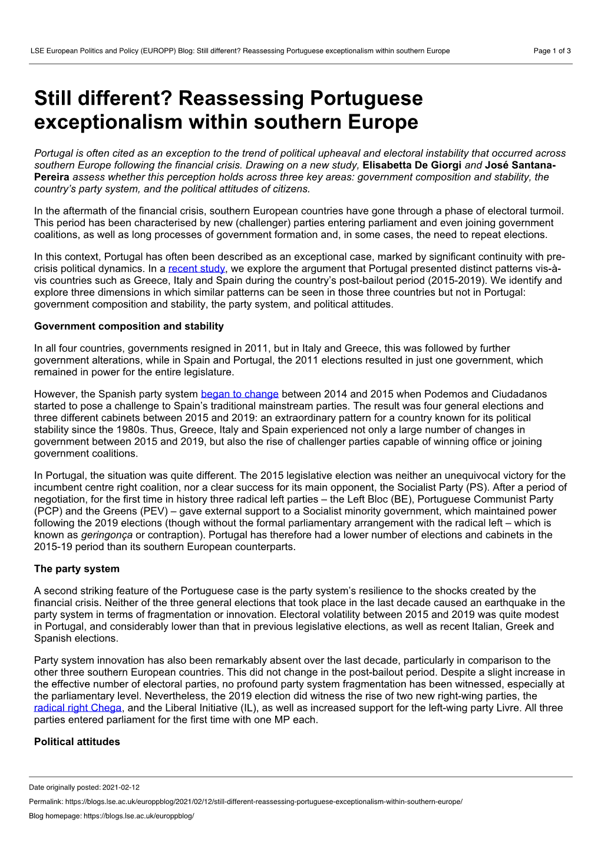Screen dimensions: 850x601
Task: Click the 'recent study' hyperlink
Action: (196, 269)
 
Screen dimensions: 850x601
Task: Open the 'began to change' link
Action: (239, 394)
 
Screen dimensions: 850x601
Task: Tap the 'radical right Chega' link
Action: (78, 707)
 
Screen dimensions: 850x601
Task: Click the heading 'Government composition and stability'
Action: (129, 326)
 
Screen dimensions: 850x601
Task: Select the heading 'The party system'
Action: (77, 568)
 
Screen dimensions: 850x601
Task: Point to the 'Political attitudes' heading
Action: (77, 742)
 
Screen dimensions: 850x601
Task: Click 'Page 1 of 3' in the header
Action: (552, 51)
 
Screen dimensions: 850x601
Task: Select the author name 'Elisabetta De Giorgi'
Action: (412, 165)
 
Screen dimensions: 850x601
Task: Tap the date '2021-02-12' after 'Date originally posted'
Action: (121, 787)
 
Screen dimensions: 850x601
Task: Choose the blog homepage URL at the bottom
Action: (139, 816)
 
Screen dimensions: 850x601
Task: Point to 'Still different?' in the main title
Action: (103, 98)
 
